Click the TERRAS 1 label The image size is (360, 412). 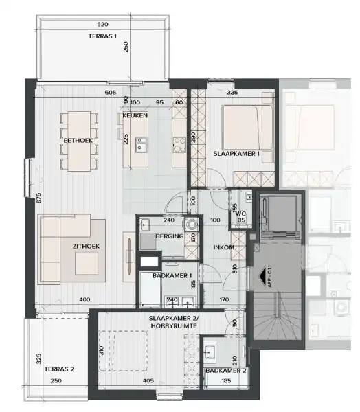pos(103,37)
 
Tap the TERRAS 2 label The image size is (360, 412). pos(57,369)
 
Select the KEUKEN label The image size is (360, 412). pos(135,116)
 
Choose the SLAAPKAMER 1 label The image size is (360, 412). pos(236,153)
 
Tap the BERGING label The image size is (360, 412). pos(169,236)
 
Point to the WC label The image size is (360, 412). pos(240,214)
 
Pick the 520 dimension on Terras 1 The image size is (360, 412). pos(102,23)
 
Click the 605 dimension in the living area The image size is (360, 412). pos(111,92)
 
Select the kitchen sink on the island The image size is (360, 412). pos(144,145)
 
